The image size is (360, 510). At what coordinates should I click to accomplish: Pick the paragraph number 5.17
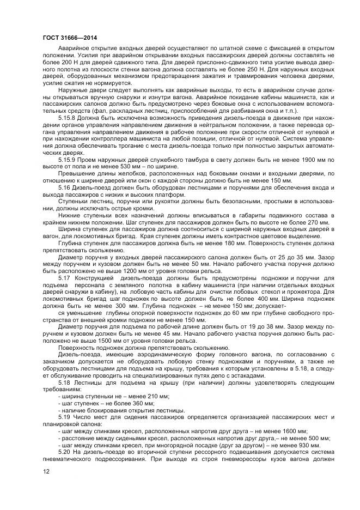click(63, 278)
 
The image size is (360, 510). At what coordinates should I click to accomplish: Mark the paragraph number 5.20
click(63, 453)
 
